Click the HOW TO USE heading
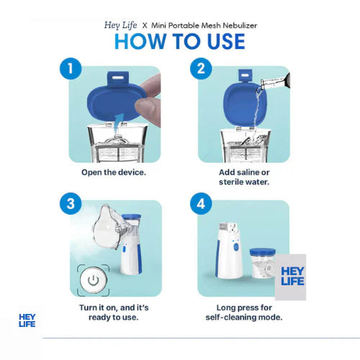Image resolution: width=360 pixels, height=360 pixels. tap(180, 40)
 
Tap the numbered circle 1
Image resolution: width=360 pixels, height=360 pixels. tap(70, 70)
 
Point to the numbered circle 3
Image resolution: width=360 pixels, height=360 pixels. tap(70, 204)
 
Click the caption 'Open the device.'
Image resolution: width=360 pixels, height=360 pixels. tap(117, 174)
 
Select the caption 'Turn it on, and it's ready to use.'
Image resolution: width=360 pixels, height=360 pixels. tap(117, 312)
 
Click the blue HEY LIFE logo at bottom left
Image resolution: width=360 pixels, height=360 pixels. tap(27, 320)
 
